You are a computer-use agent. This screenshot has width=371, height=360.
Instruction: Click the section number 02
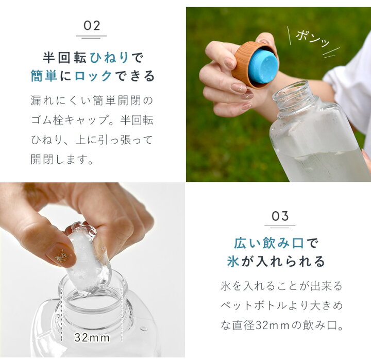tap(92, 26)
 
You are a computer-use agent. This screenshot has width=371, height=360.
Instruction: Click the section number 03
tap(280, 216)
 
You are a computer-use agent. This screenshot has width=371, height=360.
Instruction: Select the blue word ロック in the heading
tap(93, 76)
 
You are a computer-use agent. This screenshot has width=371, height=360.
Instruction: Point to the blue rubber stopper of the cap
tap(263, 66)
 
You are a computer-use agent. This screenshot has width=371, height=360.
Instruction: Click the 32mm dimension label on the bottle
tap(92, 337)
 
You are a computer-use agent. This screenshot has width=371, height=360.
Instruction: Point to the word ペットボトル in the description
tap(256, 305)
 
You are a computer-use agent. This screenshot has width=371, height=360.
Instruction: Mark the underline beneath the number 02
tap(92, 36)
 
